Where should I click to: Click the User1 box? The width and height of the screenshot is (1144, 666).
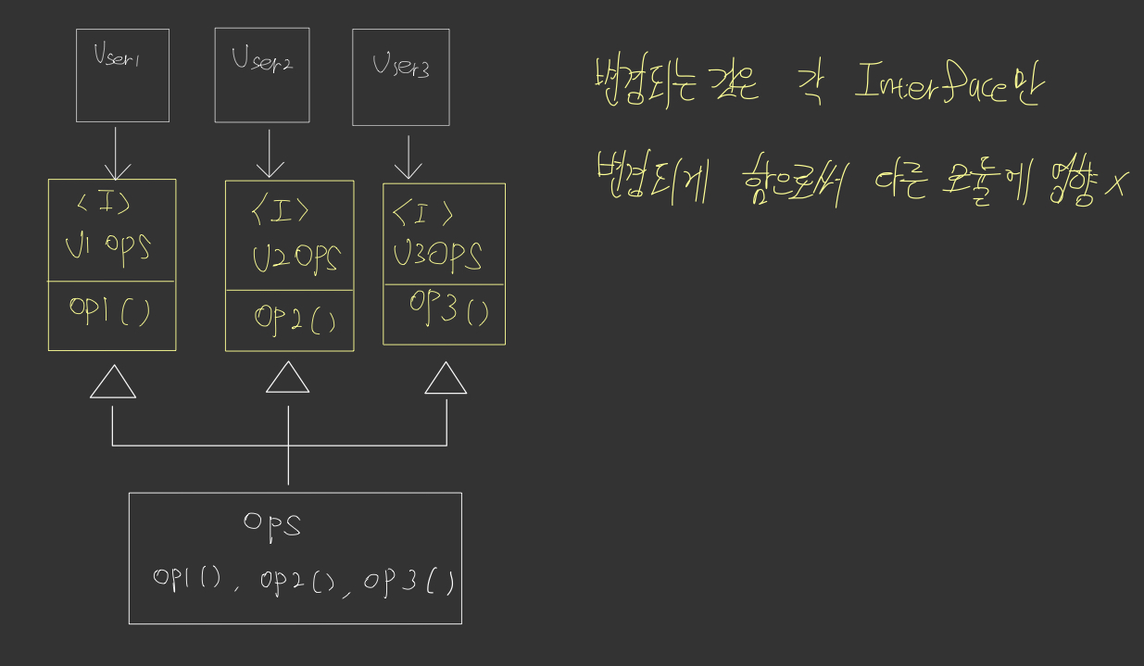[122, 75]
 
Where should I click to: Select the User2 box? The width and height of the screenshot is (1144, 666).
[262, 75]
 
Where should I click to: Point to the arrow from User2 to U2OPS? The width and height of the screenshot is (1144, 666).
[270, 153]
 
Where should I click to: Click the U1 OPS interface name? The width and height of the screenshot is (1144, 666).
[108, 246]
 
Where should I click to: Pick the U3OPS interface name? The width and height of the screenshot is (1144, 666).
[437, 255]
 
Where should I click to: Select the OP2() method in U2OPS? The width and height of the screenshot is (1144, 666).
[295, 320]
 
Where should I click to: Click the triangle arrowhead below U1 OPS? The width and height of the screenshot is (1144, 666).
[113, 382]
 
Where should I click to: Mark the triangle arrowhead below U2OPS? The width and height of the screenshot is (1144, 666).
[287, 377]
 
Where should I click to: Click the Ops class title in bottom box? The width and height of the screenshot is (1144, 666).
[272, 524]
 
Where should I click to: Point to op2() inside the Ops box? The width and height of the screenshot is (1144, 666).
[297, 581]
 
